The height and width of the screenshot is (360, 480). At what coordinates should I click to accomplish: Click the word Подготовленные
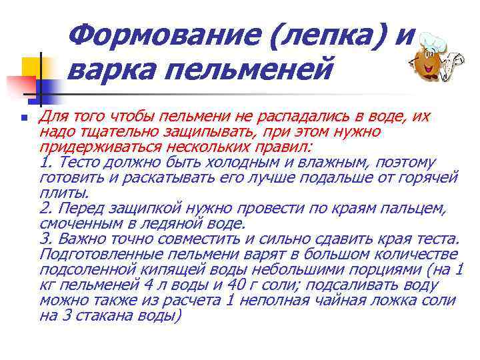coord(101,255)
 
